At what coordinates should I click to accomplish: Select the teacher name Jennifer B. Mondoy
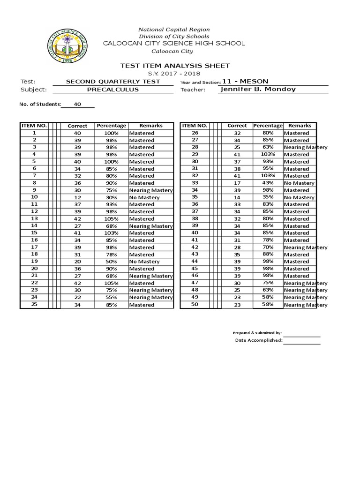[257, 89]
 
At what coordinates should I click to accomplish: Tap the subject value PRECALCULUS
[113, 89]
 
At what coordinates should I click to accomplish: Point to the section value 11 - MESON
[248, 81]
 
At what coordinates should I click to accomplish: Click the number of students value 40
[77, 105]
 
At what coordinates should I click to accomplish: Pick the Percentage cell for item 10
[111, 197]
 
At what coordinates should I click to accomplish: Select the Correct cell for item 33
[237, 183]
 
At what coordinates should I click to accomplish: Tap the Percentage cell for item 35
[268, 197]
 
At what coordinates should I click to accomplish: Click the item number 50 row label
[195, 305]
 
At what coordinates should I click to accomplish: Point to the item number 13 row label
[34, 219]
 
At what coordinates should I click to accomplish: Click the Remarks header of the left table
[151, 126]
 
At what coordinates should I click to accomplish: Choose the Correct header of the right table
[237, 126]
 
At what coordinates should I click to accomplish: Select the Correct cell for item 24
[77, 297]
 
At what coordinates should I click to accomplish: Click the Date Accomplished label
[258, 340]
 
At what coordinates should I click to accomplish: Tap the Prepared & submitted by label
[257, 333]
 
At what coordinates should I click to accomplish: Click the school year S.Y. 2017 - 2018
[174, 74]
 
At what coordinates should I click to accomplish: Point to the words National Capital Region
[174, 30]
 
